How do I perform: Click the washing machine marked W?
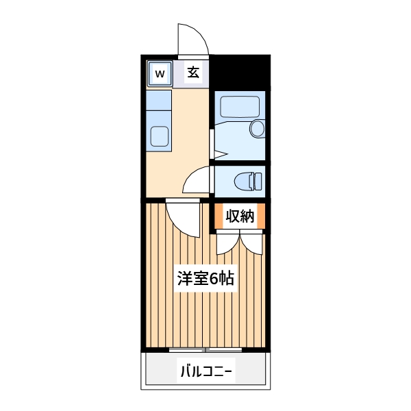pyautogui.click(x=159, y=73)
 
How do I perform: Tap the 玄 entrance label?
pyautogui.click(x=194, y=72)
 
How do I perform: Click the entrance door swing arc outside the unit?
pyautogui.click(x=192, y=39)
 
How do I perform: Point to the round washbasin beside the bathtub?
pyautogui.click(x=258, y=128)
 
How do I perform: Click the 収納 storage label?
pyautogui.click(x=240, y=216)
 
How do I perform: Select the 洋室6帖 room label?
pyautogui.click(x=206, y=279)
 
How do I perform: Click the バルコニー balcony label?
pyautogui.click(x=206, y=372)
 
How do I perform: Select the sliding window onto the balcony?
pyautogui.click(x=206, y=350)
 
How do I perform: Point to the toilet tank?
pyautogui.click(x=258, y=182)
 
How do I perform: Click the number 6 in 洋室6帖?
pyautogui.click(x=214, y=279)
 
